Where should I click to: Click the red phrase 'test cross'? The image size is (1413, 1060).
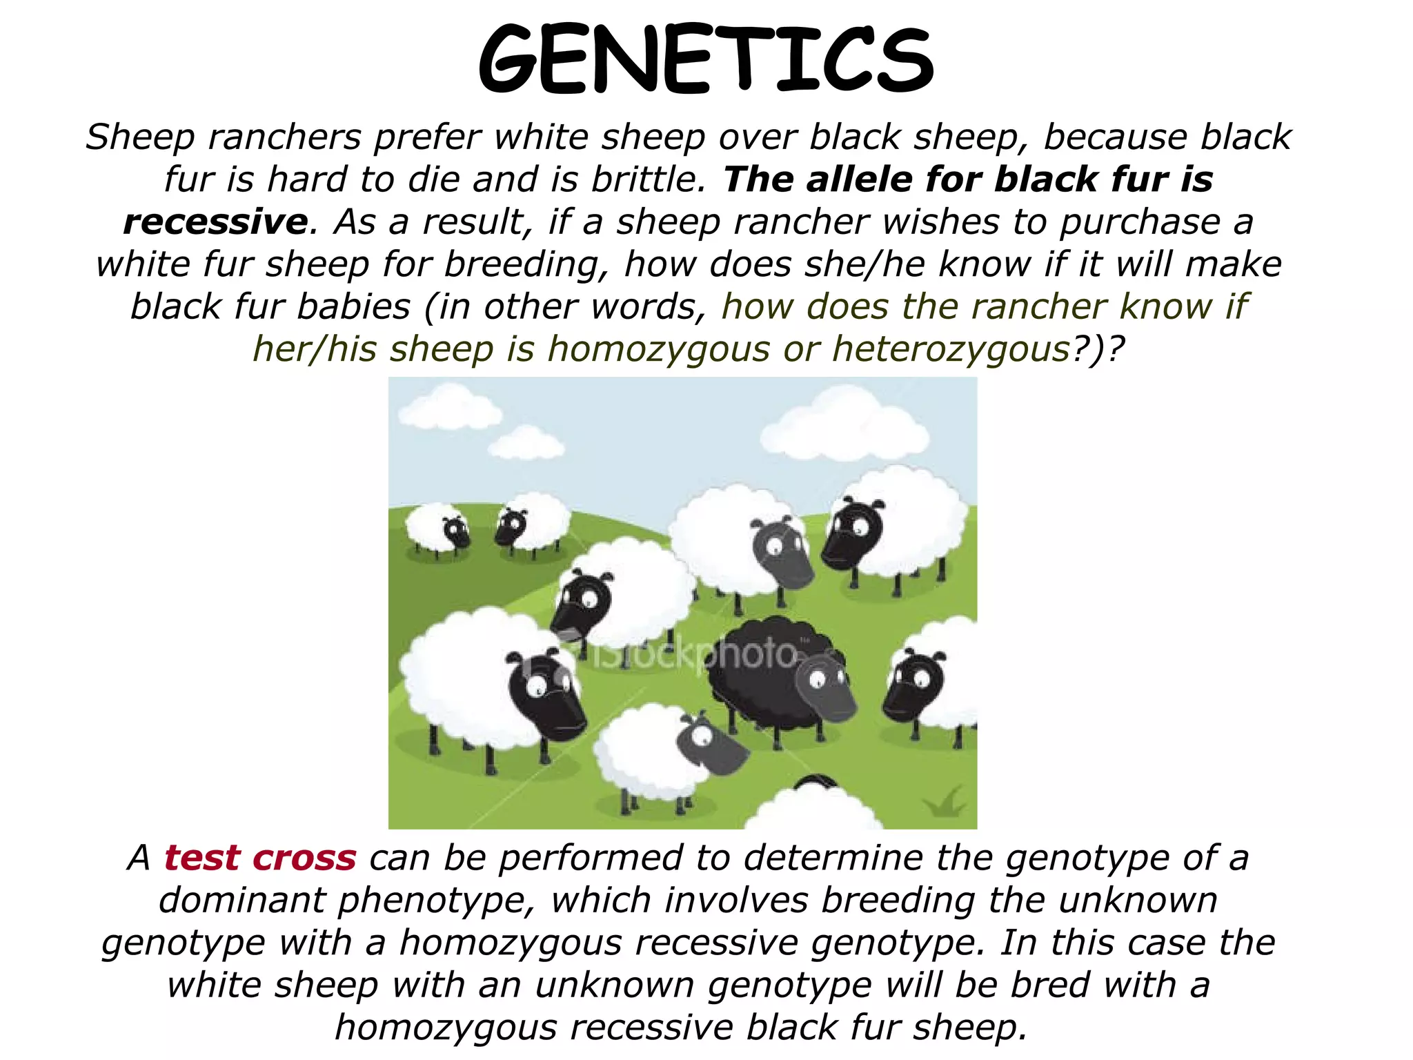click(x=260, y=858)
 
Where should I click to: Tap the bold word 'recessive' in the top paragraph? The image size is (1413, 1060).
click(x=215, y=222)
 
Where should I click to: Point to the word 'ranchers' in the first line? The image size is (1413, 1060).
click(x=285, y=137)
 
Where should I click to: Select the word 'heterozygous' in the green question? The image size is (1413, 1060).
click(x=951, y=349)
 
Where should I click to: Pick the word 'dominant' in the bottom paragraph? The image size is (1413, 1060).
click(x=241, y=901)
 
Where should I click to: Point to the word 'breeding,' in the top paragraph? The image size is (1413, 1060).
click(x=527, y=265)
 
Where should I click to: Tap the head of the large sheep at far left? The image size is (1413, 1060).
click(x=545, y=694)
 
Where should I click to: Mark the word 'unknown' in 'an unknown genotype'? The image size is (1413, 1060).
click(x=614, y=985)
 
